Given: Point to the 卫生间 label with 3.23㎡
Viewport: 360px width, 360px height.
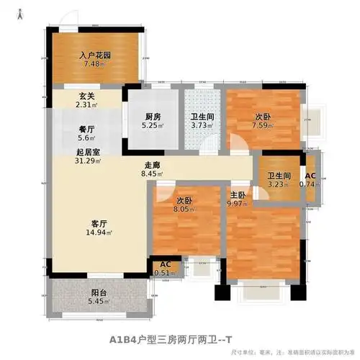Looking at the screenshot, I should [x=280, y=173].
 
